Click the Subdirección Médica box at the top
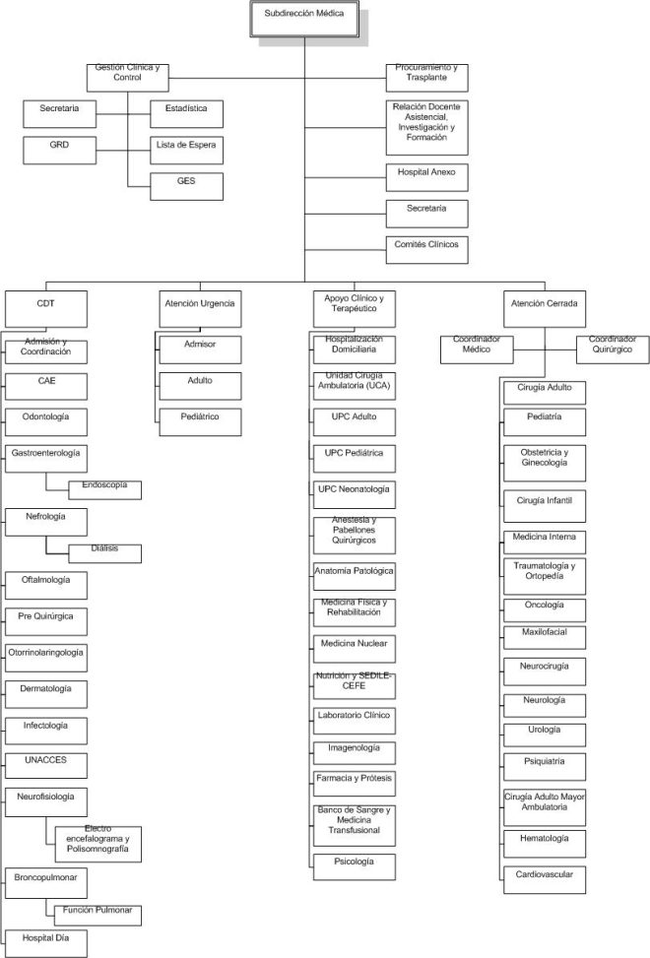click(304, 19)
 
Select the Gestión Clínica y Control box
click(128, 78)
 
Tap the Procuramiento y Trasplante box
click(427, 78)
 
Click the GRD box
click(60, 151)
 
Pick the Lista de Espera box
click(186, 151)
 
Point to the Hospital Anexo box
click(427, 177)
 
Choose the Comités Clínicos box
click(427, 250)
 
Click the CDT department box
click(46, 309)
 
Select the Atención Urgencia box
click(200, 309)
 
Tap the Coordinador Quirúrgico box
click(613, 350)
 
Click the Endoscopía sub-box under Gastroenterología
click(105, 490)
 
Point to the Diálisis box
click(105, 553)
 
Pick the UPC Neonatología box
click(355, 495)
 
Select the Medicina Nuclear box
click(355, 649)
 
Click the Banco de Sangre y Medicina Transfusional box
click(355, 825)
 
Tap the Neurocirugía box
click(545, 671)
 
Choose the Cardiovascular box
click(545, 880)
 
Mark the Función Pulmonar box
click(97, 916)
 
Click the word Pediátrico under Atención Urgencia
click(200, 416)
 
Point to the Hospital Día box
click(46, 943)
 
